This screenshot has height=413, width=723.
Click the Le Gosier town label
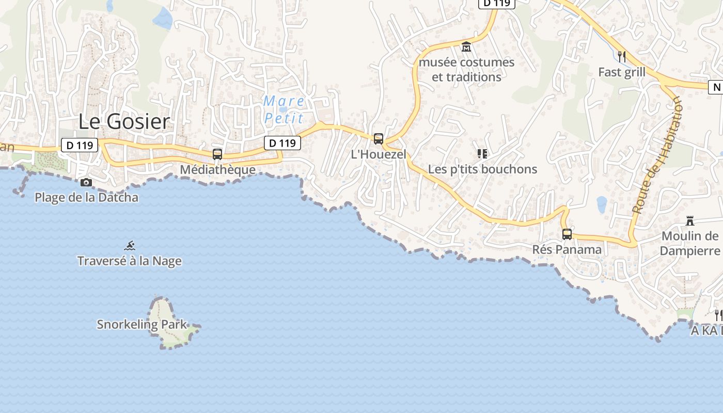(124, 121)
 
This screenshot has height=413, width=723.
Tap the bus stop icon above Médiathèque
(217, 154)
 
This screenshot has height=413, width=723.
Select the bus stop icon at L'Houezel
(379, 138)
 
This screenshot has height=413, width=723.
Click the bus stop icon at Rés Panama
(567, 234)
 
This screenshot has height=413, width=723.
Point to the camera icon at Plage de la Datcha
(86, 182)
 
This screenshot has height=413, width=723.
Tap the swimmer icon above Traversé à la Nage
(130, 245)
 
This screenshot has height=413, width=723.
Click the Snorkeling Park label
(142, 324)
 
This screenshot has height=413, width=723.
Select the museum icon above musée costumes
(466, 47)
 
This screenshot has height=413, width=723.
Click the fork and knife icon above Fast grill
(622, 56)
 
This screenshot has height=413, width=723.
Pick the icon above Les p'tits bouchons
(482, 153)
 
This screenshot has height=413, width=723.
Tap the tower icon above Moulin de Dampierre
(689, 221)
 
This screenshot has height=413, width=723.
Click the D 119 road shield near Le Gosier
(80, 145)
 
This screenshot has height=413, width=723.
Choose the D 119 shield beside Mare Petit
(282, 143)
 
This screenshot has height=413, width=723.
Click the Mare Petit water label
(284, 109)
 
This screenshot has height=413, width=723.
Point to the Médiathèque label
(217, 169)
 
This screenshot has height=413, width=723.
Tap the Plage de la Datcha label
(86, 197)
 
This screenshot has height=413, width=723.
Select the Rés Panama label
(567, 249)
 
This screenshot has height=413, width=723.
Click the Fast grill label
(622, 72)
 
